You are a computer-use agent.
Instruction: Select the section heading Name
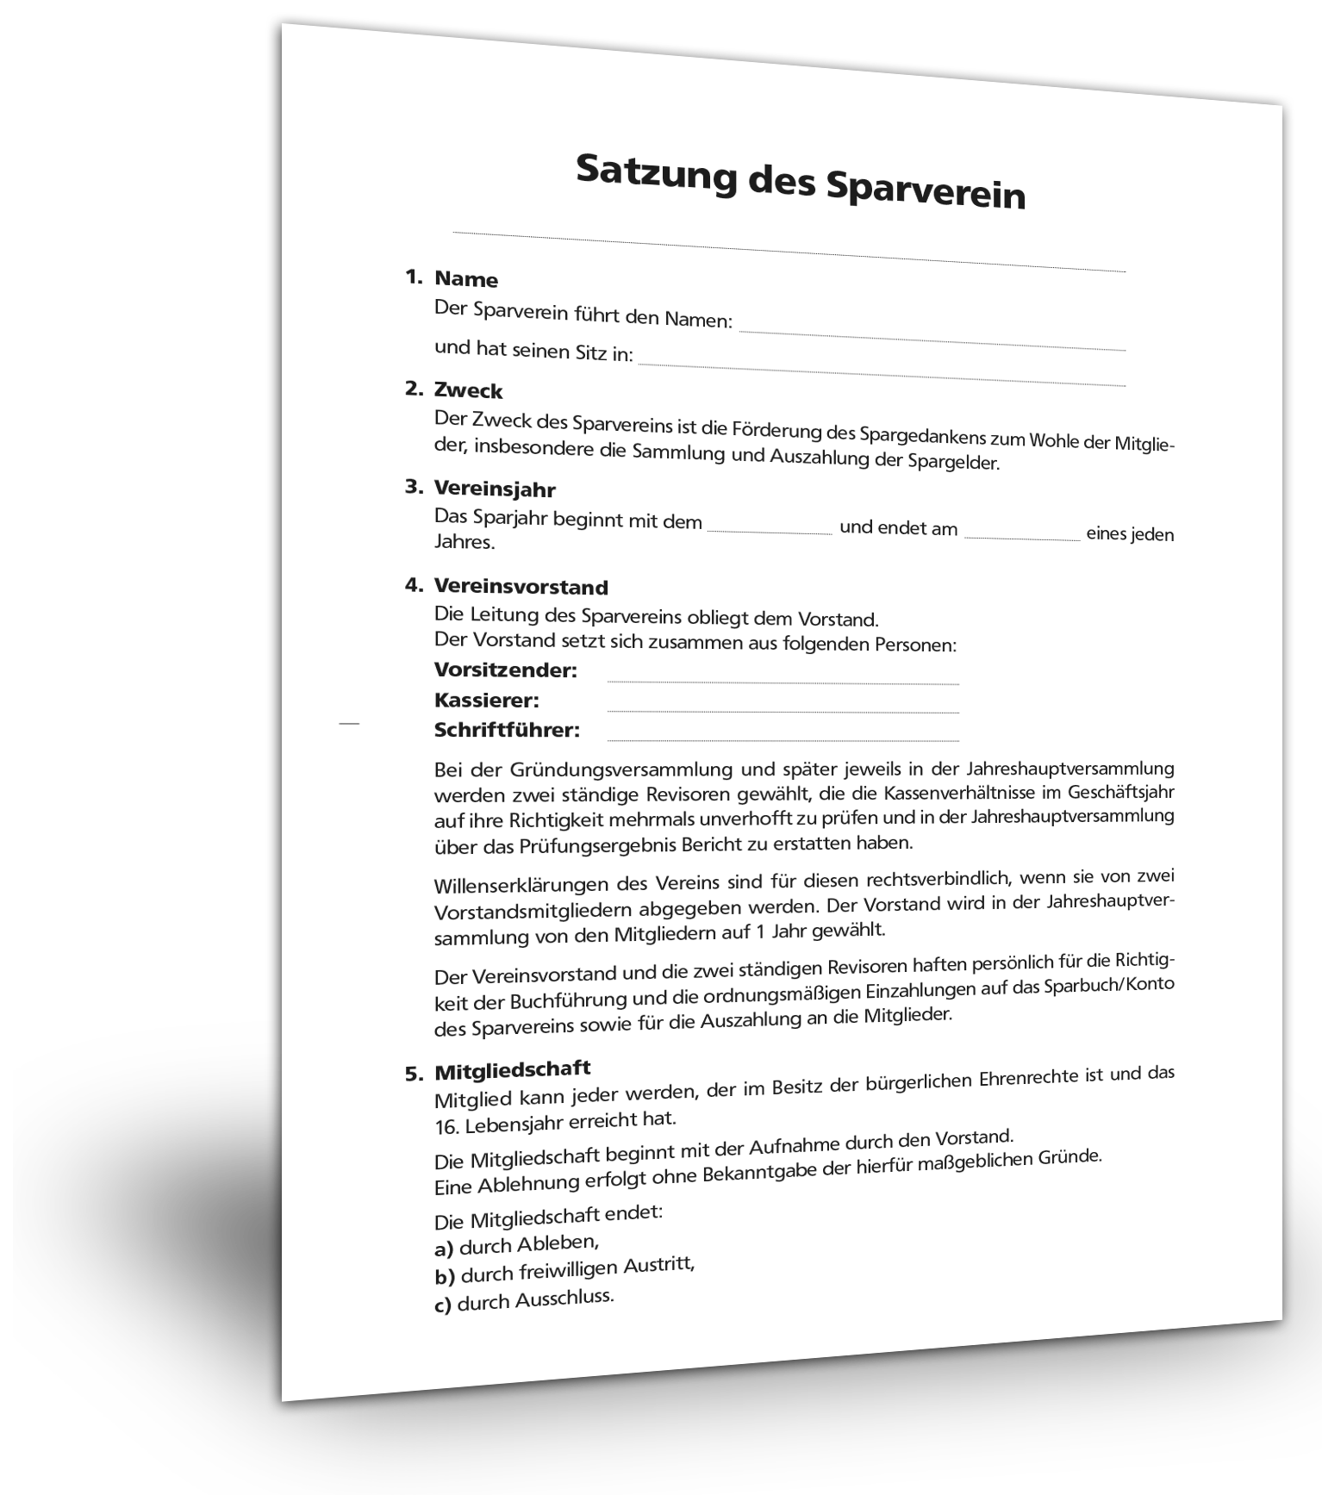pos(466,279)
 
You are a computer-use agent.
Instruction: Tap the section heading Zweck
pos(468,390)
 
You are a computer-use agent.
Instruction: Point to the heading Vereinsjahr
pos(495,489)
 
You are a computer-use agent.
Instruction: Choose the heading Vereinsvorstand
pos(521,587)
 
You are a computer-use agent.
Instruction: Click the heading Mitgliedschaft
pos(512,1070)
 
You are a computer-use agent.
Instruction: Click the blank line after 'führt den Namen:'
pos(932,339)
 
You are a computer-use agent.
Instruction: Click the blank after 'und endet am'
pos(1021,537)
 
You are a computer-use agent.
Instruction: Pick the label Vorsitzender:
pos(505,670)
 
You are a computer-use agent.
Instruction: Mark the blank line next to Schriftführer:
pos(783,738)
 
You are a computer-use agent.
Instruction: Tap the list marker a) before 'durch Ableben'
pos(443,1248)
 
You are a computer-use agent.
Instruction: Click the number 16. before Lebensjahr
pos(446,1126)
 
